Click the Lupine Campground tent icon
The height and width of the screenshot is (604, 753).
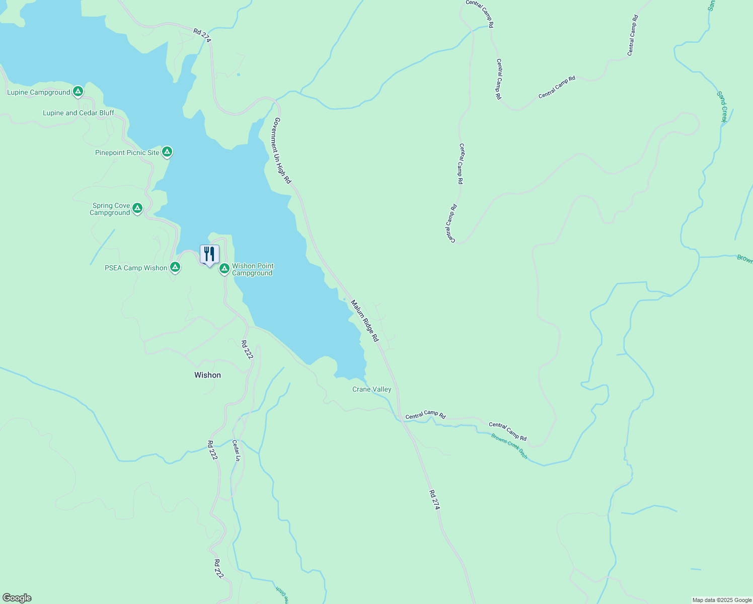coord(78,91)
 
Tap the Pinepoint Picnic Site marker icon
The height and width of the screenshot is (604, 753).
coord(167,152)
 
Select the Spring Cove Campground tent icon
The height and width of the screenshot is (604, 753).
coord(137,208)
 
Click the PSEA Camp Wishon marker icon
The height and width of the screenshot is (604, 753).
coord(175,267)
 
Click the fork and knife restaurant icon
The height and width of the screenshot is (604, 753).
coord(209,254)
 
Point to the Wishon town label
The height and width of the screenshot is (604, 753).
coord(207,375)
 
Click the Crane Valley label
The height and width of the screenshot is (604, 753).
coord(371,389)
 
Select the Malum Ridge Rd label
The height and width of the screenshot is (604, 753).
coord(364,321)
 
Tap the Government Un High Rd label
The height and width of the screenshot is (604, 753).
coord(282,150)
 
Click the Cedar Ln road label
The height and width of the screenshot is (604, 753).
coord(236,450)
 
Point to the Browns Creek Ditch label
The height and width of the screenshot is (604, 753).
coord(509,445)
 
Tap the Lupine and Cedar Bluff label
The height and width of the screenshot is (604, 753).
coord(79,113)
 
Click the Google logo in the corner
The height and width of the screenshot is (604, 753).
coord(17,598)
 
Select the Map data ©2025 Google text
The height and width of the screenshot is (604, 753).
coord(721,600)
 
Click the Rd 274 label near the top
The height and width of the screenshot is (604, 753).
coord(202,35)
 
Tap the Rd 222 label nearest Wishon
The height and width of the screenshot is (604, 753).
coord(247,350)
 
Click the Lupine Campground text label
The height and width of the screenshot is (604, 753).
coord(39,92)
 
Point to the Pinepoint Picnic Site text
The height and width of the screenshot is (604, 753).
coord(127,153)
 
